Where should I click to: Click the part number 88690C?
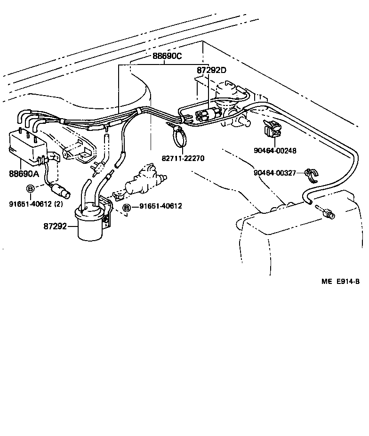pos(167,56)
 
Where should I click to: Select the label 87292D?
pos(211,71)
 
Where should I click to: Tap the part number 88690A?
pos(24,174)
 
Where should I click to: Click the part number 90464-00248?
pos(275,151)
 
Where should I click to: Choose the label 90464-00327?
pos(275,173)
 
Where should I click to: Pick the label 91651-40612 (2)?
pos(36,203)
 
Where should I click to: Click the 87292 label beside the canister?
pos(54,226)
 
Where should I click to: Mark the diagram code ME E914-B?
pos(341,282)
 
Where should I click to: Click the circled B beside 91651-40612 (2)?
pos(31,189)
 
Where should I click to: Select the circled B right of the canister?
pos(127,207)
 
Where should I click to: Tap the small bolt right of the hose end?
pos(327,214)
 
